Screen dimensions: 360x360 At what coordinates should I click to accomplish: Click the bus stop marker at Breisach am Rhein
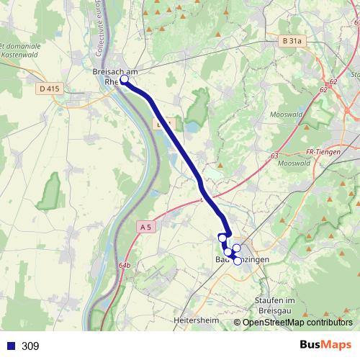click(124, 80)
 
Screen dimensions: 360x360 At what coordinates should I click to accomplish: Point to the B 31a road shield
click(292, 42)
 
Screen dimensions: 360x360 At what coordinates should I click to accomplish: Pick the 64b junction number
click(127, 266)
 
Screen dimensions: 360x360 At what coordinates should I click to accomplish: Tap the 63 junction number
click(274, 156)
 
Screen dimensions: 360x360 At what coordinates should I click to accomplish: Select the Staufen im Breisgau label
click(276, 305)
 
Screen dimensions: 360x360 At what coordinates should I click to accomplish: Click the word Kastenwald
click(21, 54)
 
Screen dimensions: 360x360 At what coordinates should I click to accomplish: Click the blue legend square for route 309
click(10, 346)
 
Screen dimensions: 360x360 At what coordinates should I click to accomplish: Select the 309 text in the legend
click(30, 346)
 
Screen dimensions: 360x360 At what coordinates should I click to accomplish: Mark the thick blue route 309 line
click(180, 144)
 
